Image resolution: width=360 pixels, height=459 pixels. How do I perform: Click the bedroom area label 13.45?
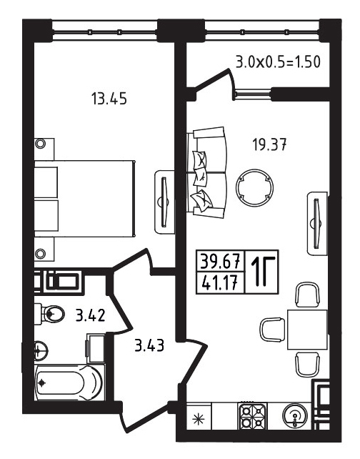109,99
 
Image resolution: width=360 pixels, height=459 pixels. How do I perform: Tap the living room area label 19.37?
269,144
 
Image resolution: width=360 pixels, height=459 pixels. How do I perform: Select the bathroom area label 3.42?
90,316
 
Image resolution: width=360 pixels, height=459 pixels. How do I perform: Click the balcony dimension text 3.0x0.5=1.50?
278,62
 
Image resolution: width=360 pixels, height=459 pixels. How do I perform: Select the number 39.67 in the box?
221,261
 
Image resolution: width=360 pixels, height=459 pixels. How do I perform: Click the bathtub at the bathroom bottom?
69,382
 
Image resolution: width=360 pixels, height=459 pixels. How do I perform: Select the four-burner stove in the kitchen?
252,416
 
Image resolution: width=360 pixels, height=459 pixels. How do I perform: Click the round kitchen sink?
296,415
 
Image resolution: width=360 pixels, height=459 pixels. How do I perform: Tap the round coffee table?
254,187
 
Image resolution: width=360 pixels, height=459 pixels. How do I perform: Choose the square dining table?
307,330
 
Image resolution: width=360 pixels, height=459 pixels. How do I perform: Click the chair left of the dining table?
272,330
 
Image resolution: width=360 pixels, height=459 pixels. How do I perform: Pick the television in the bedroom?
164,202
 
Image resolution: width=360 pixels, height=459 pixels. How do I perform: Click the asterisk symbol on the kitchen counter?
199,419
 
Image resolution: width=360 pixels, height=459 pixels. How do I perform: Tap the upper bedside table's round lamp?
40,144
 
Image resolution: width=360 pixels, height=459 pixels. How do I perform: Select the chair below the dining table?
307,364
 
